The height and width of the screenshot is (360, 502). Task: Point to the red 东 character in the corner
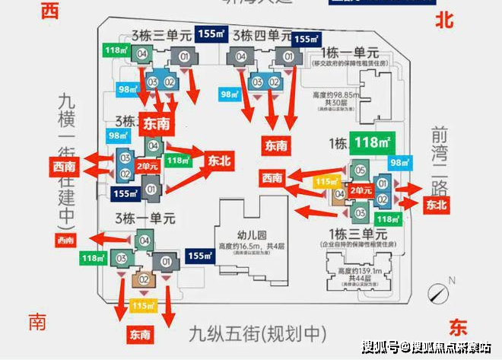coord(457,328)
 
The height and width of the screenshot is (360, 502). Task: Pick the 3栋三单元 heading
coord(160,35)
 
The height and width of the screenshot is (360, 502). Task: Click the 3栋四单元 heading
coord(262,35)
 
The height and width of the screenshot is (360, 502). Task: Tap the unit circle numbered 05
coord(361,170)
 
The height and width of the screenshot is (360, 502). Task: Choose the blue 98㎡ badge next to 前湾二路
coord(399,163)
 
